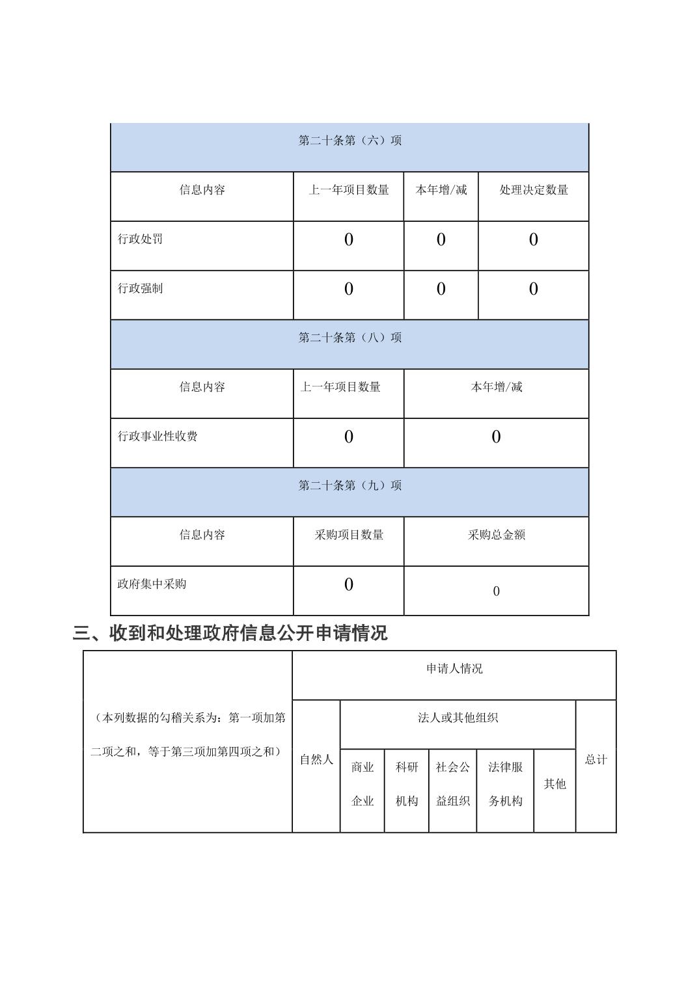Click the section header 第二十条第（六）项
click(349, 141)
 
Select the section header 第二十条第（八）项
click(349, 338)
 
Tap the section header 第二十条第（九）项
click(349, 485)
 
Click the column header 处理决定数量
click(534, 190)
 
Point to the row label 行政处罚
click(141, 239)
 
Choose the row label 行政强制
click(141, 288)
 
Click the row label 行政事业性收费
click(158, 436)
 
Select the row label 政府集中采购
click(152, 584)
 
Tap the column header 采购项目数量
click(349, 535)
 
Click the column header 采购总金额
click(496, 535)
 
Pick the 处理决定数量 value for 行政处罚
click(533, 240)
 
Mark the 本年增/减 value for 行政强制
click(441, 289)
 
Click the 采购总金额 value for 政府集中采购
click(496, 591)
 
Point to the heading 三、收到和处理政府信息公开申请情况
click(230, 633)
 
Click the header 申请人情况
click(454, 669)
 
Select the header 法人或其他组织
click(458, 718)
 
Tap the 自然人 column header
click(316, 759)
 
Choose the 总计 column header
click(596, 759)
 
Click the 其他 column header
click(555, 784)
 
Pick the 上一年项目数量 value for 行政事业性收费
click(348, 437)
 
